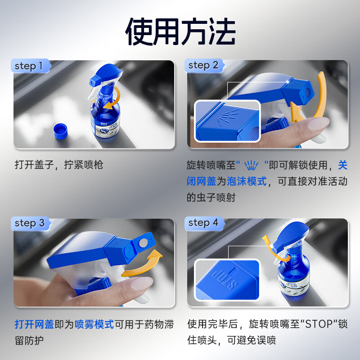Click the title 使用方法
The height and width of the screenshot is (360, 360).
(180, 32)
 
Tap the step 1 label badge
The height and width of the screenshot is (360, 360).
(30, 66)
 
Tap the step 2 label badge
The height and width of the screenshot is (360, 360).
(203, 66)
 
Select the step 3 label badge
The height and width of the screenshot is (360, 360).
(30, 223)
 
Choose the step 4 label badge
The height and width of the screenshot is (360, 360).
(203, 223)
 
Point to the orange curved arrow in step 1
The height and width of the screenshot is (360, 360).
(114, 98)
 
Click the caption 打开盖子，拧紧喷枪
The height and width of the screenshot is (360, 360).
(58, 165)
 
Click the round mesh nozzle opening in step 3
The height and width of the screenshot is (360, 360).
(143, 243)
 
